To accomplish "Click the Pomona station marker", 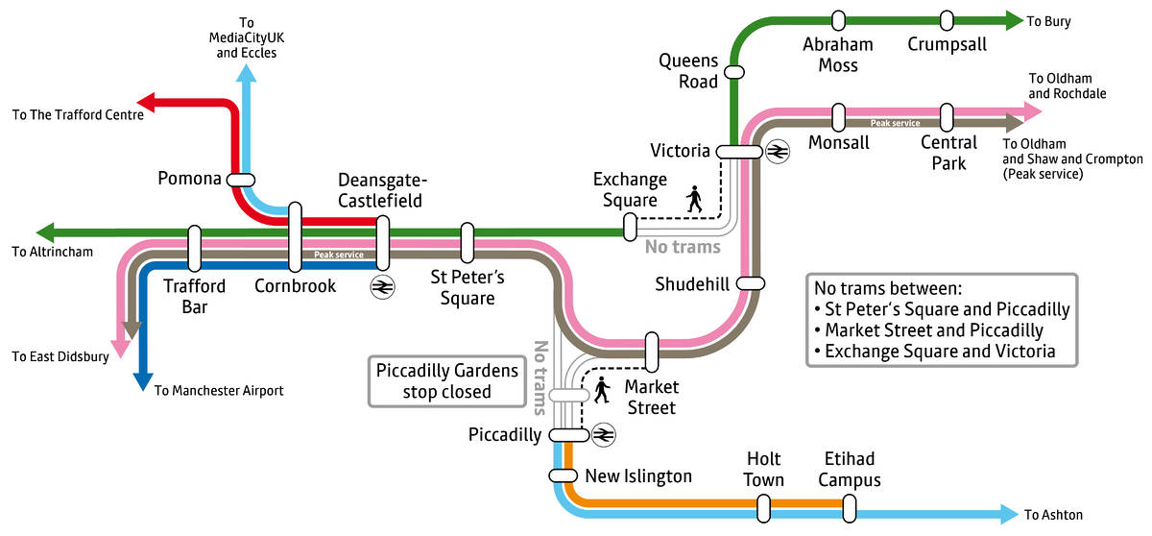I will pyautogui.click(x=240, y=179).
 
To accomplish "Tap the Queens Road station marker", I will pyautogui.click(x=734, y=71).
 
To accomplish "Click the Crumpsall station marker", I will pyautogui.click(x=947, y=20).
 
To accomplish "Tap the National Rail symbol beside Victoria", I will pyautogui.click(x=777, y=151).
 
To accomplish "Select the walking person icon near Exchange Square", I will pyautogui.click(x=694, y=199).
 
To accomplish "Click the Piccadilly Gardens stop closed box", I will pyautogui.click(x=446, y=381).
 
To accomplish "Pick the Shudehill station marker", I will pyautogui.click(x=751, y=282).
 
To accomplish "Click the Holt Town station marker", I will pyautogui.click(x=763, y=506).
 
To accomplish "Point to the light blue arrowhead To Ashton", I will pyautogui.click(x=1008, y=514).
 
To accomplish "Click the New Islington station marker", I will pyautogui.click(x=563, y=475).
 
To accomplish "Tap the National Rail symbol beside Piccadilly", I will pyautogui.click(x=603, y=434).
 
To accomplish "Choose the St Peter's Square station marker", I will pyautogui.click(x=468, y=242).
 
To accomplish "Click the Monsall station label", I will pyautogui.click(x=838, y=142).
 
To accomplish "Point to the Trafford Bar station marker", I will pyautogui.click(x=195, y=249).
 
